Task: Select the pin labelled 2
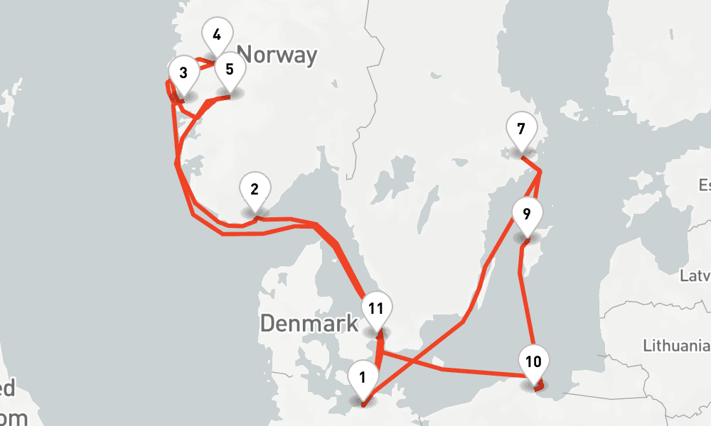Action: [255, 189]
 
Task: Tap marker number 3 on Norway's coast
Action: [183, 73]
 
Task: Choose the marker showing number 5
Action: [229, 70]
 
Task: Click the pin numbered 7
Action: [521, 130]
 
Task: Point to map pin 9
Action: [526, 214]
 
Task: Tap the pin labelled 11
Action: [377, 309]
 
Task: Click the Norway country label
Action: [277, 55]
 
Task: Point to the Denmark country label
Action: [309, 324]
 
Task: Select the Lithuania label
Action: [675, 346]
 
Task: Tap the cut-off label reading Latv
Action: [695, 275]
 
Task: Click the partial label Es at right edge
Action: [704, 186]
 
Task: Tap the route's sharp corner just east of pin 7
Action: [540, 171]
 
